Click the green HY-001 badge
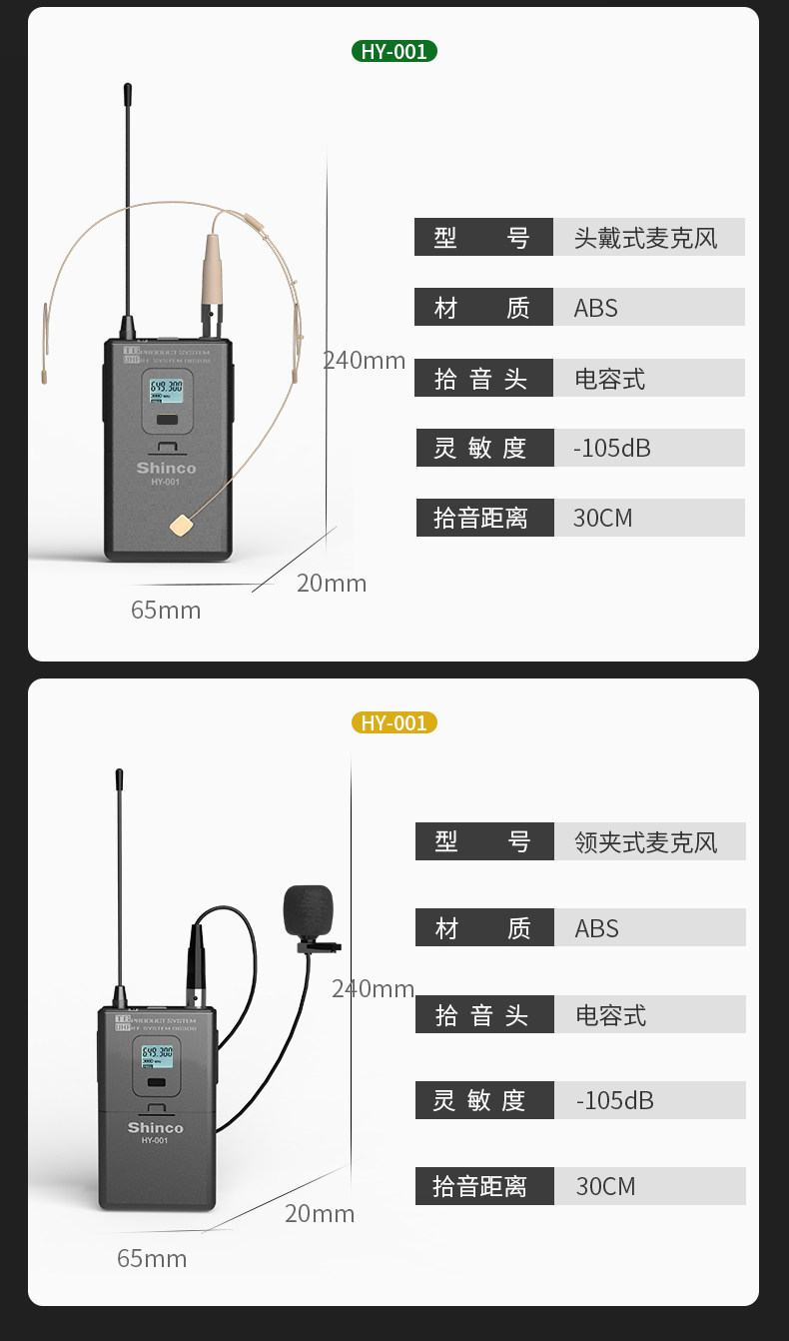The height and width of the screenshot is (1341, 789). pos(394,51)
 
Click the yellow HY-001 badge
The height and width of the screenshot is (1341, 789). pos(394,722)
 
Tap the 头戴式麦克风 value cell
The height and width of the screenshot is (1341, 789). pos(648,238)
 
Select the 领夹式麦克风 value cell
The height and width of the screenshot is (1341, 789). pos(649,842)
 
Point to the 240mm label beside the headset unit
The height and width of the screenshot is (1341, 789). pos(366,361)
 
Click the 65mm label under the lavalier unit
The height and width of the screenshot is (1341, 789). pos(152,1258)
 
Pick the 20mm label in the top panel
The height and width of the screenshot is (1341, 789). pos(332,584)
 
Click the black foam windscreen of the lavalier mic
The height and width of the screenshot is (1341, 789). pos(308,911)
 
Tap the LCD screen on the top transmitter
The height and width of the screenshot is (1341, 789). pos(166,389)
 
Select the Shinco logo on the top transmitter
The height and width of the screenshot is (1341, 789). pos(166,468)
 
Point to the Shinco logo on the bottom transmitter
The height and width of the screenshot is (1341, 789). pos(155,1128)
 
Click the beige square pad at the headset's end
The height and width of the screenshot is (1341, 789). pos(181,524)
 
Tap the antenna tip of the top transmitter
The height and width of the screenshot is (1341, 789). pos(128,93)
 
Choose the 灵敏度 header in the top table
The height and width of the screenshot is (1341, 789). pos(484,448)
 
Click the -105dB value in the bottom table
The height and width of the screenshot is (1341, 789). pos(615,1100)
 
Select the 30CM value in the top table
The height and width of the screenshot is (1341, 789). pos(603,518)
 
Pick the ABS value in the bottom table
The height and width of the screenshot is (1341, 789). pos(597,928)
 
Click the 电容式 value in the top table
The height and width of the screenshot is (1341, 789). pos(610,379)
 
